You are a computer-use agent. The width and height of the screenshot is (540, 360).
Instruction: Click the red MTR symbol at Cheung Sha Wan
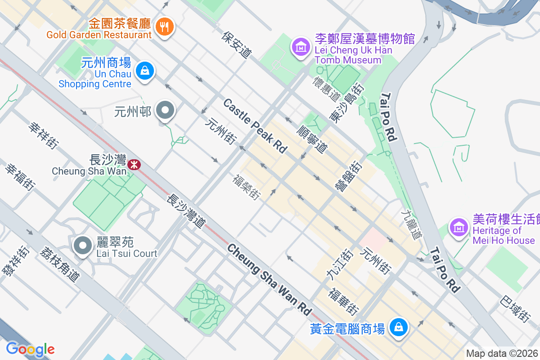tap(134, 165)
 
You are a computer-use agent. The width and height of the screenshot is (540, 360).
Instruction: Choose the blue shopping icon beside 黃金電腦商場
tap(398, 327)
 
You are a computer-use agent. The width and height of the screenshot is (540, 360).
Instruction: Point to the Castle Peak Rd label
tap(255, 126)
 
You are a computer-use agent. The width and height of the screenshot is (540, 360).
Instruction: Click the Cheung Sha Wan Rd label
tap(269, 279)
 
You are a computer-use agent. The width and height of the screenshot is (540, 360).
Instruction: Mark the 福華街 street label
tap(344, 301)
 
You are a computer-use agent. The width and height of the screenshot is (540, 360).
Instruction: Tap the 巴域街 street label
tap(515, 308)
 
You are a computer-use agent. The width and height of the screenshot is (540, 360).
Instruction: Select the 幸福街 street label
tap(20, 176)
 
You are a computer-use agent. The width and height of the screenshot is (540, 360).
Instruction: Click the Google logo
tap(30, 349)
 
